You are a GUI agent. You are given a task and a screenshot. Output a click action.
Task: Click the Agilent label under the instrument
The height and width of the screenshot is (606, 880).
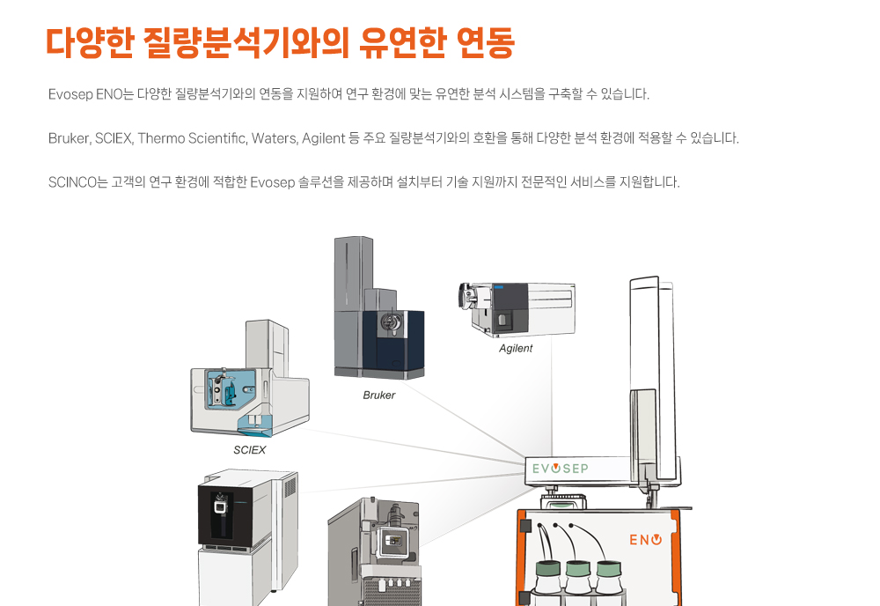pos(515,348)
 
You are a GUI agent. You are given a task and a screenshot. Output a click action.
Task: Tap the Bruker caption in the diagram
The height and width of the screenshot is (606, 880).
pos(378,395)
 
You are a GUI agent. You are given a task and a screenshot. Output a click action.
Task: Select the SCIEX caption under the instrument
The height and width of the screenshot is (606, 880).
pos(249,450)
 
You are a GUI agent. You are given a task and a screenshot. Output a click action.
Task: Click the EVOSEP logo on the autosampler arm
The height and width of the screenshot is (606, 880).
pos(560,469)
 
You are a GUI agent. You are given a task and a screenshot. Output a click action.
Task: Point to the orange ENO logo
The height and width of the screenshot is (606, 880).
pos(645,540)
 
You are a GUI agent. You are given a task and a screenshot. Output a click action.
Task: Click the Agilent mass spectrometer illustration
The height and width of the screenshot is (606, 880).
pos(517,309)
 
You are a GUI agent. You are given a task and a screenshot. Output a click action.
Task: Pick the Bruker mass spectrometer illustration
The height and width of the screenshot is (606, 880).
pos(378,307)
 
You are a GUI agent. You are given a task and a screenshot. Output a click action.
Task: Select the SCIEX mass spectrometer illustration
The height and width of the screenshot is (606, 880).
pos(250,379)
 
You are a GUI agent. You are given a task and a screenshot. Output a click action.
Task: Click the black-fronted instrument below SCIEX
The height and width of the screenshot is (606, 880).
pos(248,537)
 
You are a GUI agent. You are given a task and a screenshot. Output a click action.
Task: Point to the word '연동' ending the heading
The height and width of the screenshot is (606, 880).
pos(486,42)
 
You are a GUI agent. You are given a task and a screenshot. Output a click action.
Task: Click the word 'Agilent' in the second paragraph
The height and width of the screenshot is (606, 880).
pos(323,138)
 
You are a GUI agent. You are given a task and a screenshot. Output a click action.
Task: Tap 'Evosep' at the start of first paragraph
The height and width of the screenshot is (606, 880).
pos(70,94)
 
